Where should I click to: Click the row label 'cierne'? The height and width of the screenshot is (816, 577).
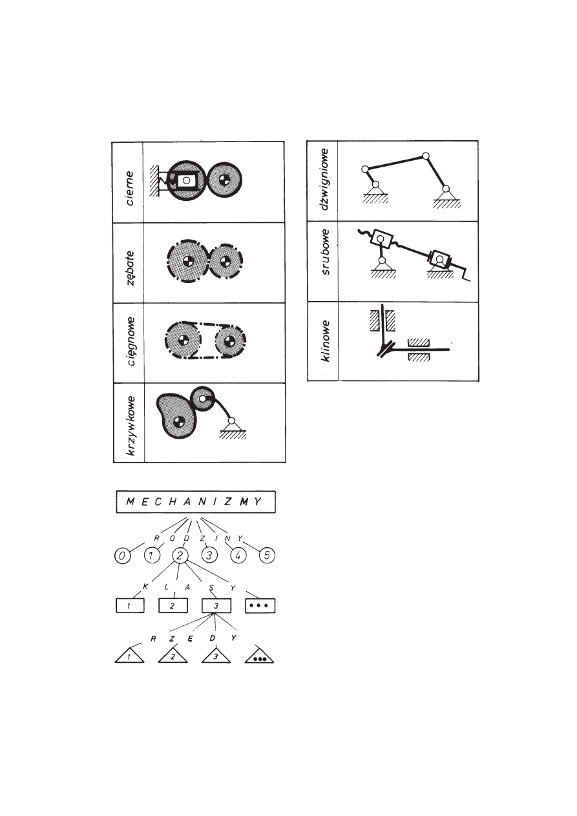pos(129,189)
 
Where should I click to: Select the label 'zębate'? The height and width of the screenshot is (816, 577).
pos(130,267)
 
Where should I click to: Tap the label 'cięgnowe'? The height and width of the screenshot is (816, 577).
pos(130,341)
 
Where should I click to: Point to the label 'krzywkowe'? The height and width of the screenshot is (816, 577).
pos(130,426)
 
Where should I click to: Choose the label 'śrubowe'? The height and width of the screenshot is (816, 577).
pos(324,252)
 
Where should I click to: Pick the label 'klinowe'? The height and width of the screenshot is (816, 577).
pos(324,341)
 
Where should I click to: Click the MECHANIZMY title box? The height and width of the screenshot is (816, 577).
pos(196,502)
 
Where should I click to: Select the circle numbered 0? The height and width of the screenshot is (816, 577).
pos(122,556)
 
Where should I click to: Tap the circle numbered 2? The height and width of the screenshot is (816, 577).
pos(180,556)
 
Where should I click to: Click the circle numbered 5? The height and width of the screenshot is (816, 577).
pos(267,556)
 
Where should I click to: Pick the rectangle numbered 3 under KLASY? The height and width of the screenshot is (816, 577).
pos(216,605)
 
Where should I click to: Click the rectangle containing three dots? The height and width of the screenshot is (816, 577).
pos(260,605)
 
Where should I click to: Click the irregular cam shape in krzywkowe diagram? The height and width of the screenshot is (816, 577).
pos(176,415)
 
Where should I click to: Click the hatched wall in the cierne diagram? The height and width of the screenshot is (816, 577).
pos(154,181)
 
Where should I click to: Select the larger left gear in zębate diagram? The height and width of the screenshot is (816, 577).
pos(187,261)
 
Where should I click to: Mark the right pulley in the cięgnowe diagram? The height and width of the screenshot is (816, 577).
pos(230,341)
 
